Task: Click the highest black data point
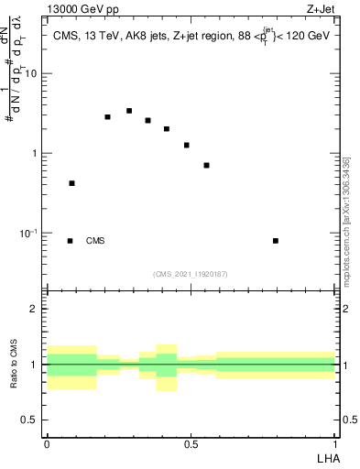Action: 129,111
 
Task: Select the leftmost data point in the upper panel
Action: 71,183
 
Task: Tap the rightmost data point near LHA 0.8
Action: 276,241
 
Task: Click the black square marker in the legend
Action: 70,241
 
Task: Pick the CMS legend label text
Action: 95,241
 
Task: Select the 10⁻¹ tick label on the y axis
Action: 30,234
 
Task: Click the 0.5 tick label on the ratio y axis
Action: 32,420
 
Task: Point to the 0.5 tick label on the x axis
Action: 191,444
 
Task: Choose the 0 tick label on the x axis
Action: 46,444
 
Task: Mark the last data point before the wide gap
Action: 207,165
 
